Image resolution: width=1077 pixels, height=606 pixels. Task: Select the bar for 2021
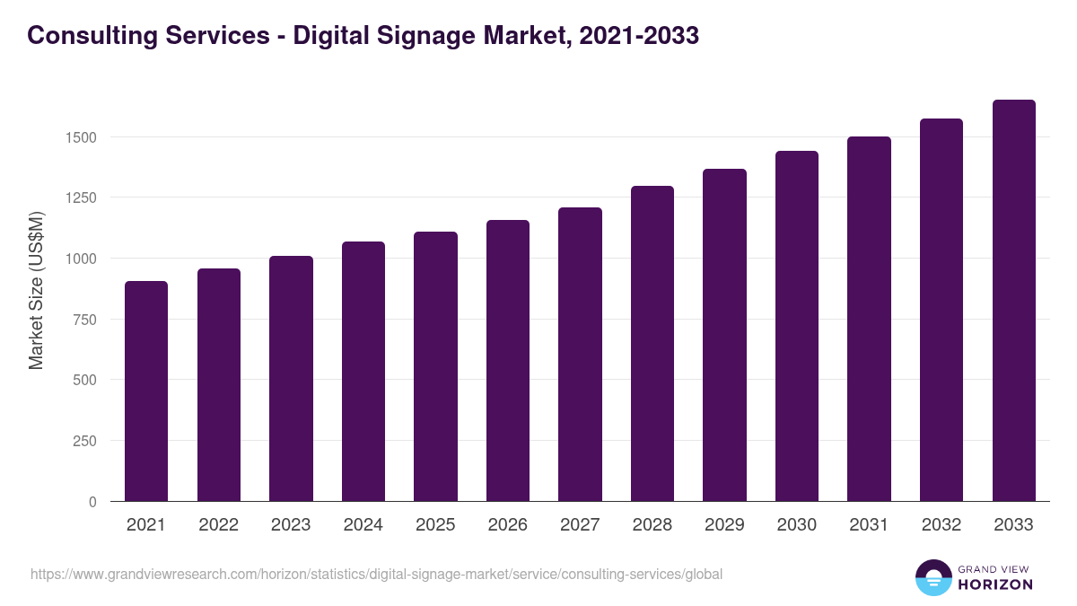146,391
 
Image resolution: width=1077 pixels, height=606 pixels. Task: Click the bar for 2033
1013,301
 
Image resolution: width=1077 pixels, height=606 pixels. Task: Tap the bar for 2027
580,355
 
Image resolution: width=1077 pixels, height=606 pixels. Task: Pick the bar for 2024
363,372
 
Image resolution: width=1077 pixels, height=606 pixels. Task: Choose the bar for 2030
797,326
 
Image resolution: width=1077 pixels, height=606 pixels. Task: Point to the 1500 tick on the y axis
81,137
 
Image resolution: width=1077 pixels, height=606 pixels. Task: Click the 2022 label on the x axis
218,525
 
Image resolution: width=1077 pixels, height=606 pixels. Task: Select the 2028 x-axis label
652,525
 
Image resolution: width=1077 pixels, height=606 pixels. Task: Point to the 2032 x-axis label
941,525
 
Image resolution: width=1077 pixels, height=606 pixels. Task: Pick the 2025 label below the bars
435,525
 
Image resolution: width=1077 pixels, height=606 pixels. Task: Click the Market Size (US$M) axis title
36,290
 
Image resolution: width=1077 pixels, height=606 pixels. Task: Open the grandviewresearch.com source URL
376,574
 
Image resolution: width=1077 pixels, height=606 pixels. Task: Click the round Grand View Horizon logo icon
933,577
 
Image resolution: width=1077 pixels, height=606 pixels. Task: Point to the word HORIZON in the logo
994,584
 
